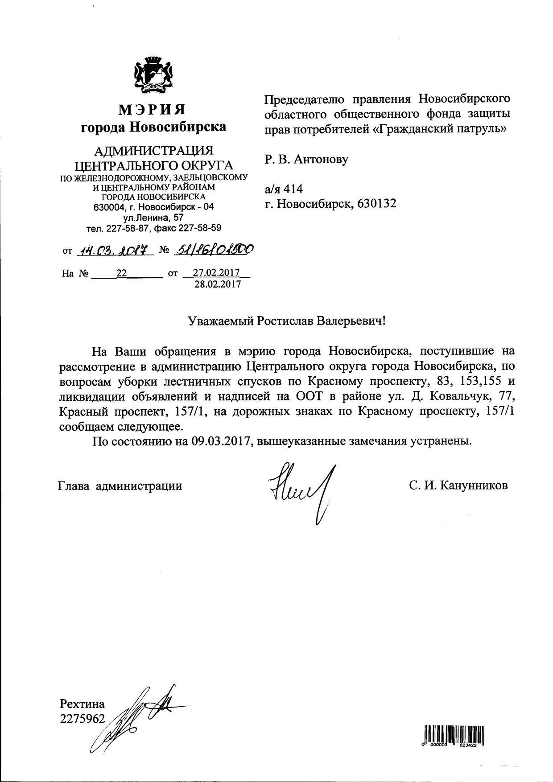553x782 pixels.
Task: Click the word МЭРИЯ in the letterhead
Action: [x=153, y=109]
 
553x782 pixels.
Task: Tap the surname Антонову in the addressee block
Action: [x=321, y=159]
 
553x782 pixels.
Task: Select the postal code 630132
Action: [x=377, y=204]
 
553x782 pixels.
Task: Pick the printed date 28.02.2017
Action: [x=217, y=284]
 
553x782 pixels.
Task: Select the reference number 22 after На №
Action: [x=121, y=273]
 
